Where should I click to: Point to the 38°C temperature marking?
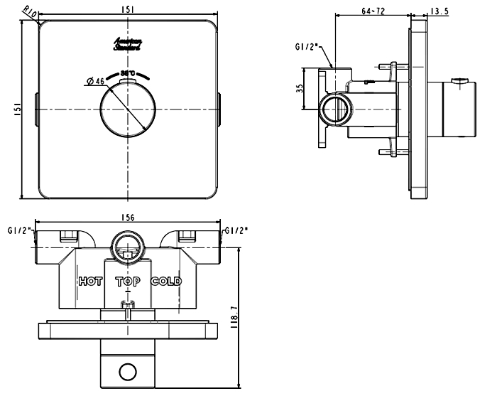(x=129, y=73)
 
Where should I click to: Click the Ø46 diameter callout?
(x=94, y=81)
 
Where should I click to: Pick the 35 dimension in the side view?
(x=301, y=89)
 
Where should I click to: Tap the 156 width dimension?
(x=129, y=218)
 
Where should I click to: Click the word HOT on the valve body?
(x=90, y=282)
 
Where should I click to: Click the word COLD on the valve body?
(x=166, y=282)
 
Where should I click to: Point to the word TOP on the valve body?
(x=128, y=282)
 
